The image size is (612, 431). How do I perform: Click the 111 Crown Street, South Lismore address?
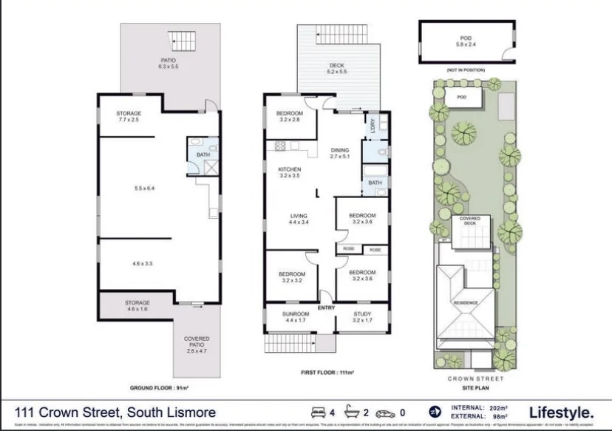116,412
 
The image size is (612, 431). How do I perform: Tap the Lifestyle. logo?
561,413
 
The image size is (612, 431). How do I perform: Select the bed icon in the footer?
318,412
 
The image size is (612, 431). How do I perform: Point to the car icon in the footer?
385,412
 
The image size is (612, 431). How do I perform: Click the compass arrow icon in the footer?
435,412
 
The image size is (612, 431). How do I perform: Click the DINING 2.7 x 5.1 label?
339,152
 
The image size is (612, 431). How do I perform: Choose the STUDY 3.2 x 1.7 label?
363,318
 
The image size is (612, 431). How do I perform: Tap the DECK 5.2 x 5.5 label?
336,69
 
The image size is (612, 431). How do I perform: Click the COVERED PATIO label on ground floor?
197,342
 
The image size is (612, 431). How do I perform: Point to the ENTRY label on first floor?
326,308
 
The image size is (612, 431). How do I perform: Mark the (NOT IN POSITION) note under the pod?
466,69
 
